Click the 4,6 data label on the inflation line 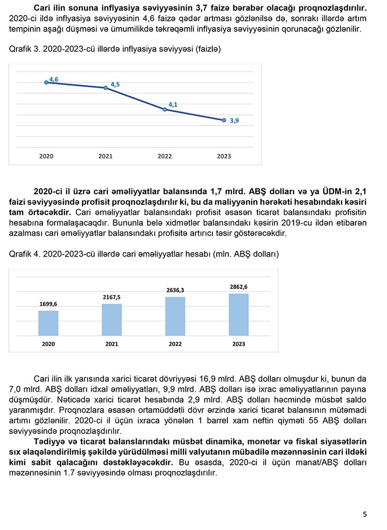click(54, 79)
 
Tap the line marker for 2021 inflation click(105, 88)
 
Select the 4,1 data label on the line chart click(173, 104)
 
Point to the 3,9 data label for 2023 click(234, 121)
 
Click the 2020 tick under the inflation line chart click(46, 156)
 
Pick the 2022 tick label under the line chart click(164, 156)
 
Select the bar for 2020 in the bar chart click(48, 323)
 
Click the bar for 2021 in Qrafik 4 click(112, 319)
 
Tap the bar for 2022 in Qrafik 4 click(175, 316)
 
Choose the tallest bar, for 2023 click(238, 314)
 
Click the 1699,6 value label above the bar click(48, 304)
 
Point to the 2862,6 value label click(238, 287)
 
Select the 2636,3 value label click(175, 290)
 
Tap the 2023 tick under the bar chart click(238, 344)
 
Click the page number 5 click(365, 514)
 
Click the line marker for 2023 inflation click(223, 120)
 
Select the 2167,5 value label click(112, 297)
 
